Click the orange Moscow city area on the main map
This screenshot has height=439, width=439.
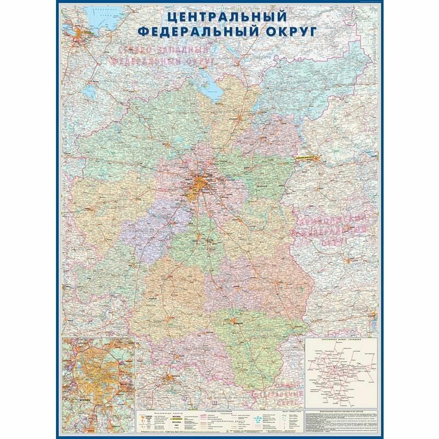[x=200, y=184]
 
